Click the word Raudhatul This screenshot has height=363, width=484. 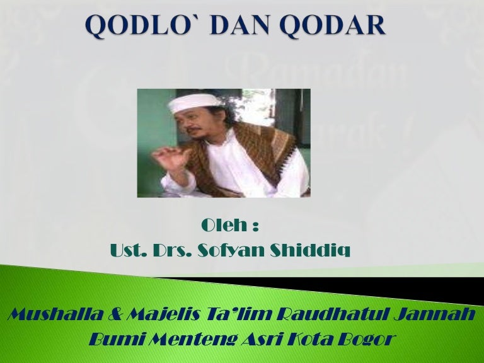pos(334,314)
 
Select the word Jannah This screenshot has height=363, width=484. pos(439,314)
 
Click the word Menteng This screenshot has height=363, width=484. pos(183,340)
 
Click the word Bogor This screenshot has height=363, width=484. pos(365,340)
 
